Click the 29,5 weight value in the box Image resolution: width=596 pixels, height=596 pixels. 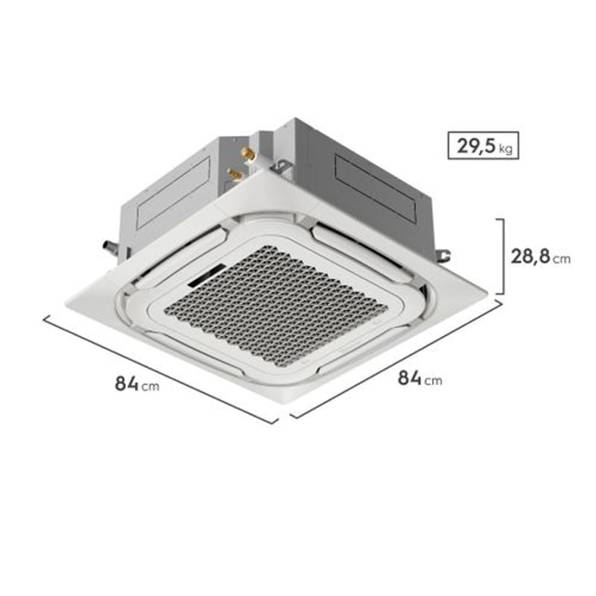pos(475,145)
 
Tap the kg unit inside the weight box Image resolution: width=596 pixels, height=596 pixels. pos(506,149)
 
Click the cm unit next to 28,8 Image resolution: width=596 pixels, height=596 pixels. pos(562,259)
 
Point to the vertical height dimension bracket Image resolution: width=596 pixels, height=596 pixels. pos(504,256)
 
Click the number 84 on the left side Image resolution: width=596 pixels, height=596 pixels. pos(127,384)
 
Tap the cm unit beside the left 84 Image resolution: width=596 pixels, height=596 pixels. pos(150,387)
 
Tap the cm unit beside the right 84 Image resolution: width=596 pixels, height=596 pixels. pos(433,381)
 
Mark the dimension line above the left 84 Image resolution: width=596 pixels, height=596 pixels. pos(160,370)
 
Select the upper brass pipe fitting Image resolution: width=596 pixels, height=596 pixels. pos(248,154)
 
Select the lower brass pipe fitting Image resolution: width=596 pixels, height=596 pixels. pos(235,174)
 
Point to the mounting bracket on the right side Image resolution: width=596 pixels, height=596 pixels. pos(443,256)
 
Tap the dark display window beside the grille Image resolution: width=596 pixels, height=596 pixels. pos(207,274)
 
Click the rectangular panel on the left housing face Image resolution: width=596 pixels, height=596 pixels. pos(174,193)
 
